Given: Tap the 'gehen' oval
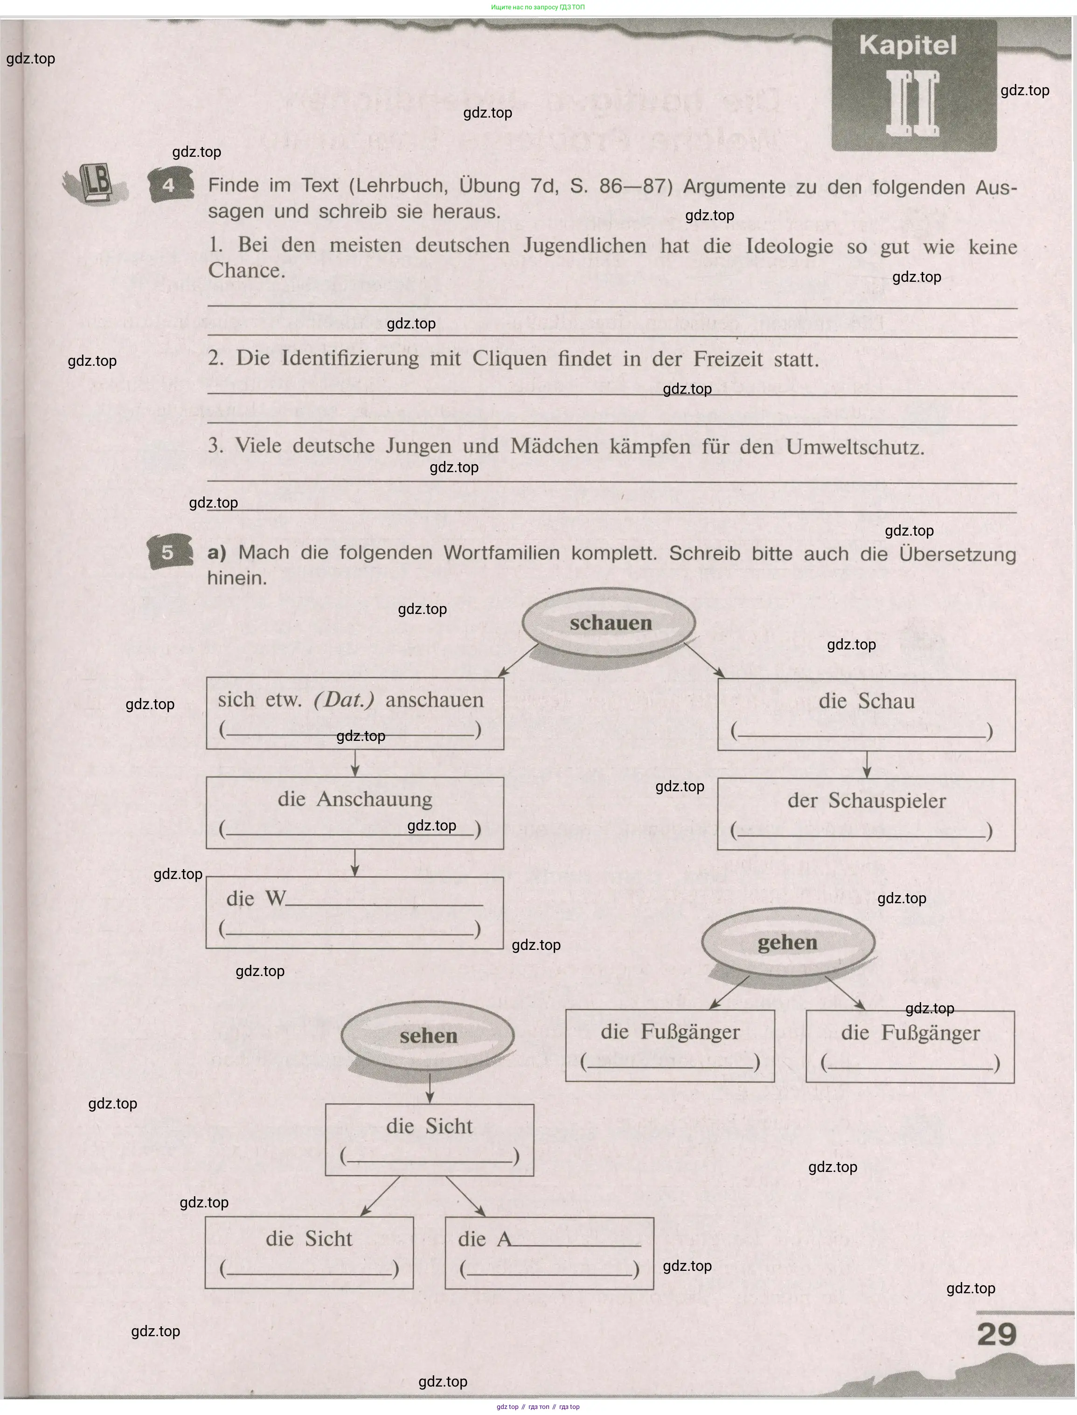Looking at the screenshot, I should click(788, 942).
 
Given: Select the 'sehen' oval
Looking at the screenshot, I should click(428, 1035).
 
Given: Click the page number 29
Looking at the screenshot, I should click(997, 1334).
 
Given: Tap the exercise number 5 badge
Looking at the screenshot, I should click(168, 552).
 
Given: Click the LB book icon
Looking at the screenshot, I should click(96, 184).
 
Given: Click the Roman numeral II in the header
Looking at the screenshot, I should click(913, 103).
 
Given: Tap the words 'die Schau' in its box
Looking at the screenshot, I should click(866, 701).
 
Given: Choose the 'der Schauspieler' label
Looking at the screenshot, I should click(866, 800).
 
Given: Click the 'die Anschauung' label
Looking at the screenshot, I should click(354, 799).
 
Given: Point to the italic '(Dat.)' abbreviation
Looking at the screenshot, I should click(344, 699).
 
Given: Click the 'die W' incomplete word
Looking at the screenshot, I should click(256, 898).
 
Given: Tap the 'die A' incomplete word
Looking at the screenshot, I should click(485, 1239).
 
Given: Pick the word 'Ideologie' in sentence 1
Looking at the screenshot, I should click(789, 247).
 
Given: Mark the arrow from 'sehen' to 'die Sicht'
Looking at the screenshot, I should click(430, 1086).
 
